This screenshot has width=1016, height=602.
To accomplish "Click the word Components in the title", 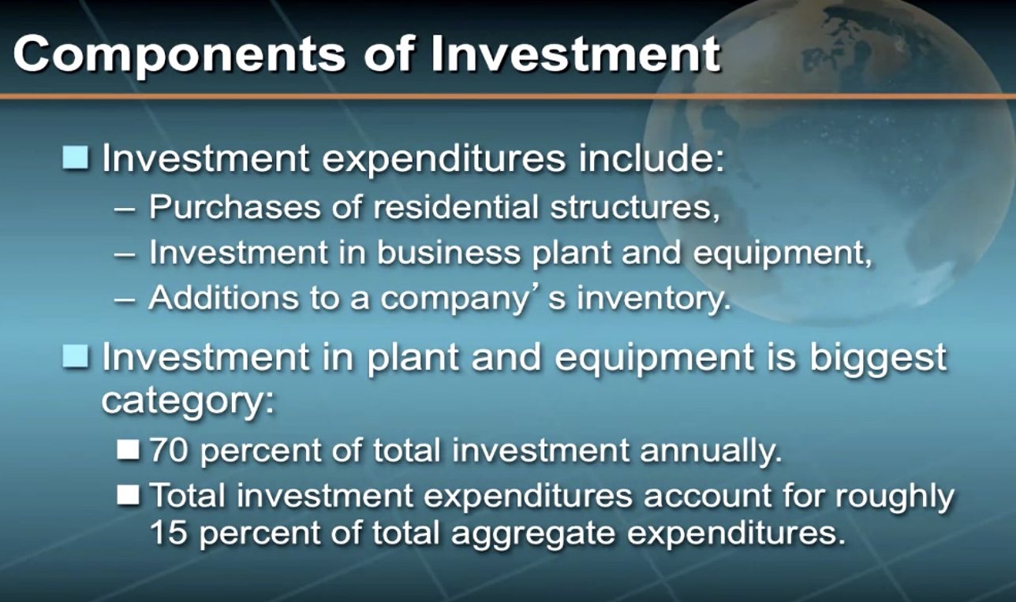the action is [x=180, y=56].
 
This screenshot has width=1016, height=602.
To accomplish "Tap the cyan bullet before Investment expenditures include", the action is [x=75, y=158].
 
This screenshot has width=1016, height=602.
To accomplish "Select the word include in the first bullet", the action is [x=652, y=158].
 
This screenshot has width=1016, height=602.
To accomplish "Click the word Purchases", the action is [x=234, y=206].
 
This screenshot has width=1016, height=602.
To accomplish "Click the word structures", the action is [x=635, y=207].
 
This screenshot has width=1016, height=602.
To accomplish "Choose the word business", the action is [x=449, y=252].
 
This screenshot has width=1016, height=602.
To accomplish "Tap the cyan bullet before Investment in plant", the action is [x=75, y=356].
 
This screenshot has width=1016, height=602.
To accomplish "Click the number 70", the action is [x=168, y=451].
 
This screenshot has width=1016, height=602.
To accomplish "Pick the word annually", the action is [x=711, y=452].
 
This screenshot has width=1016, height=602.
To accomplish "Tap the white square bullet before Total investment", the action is [x=129, y=495].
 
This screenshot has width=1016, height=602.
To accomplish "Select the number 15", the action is [x=167, y=532].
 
